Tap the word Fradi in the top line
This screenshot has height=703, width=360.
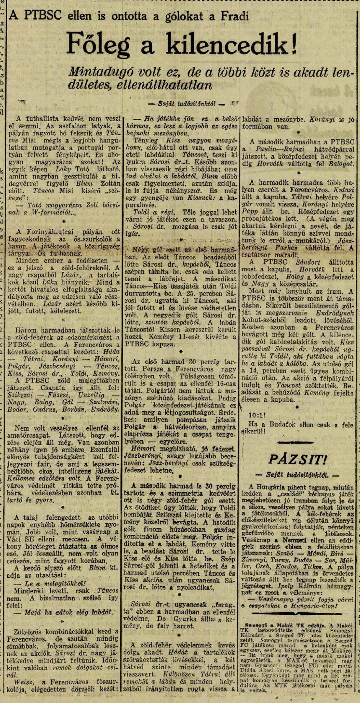coord(234,16)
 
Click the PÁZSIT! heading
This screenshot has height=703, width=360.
coord(298,459)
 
